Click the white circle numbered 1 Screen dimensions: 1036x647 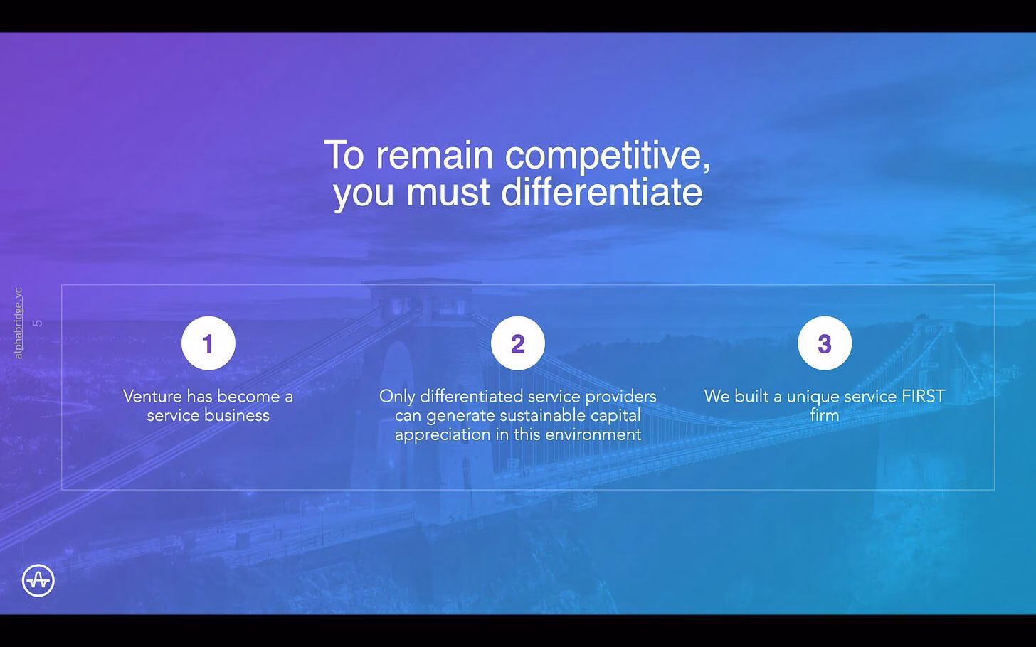tap(208, 343)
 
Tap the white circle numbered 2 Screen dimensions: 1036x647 tap(517, 343)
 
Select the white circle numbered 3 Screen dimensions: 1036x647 tap(825, 343)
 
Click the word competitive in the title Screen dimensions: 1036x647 tap(607, 156)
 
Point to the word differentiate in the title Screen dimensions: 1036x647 tap(602, 192)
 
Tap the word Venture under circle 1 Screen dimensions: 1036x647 tap(152, 397)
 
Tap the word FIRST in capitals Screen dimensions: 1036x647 tap(923, 397)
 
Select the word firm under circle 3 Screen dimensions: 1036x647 tap(824, 415)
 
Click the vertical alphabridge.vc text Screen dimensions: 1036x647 tap(18, 323)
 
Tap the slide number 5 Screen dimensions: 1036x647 tap(38, 323)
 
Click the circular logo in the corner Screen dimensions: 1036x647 tap(38, 580)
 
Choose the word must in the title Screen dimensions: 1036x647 tap(448, 192)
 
